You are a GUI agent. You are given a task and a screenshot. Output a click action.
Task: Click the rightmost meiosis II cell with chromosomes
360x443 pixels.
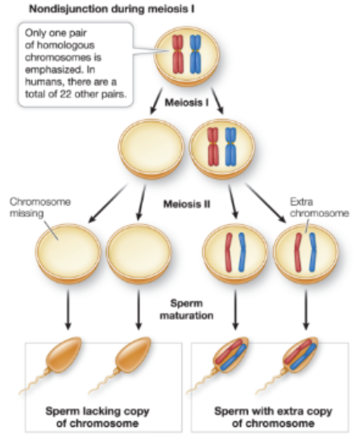304,259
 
